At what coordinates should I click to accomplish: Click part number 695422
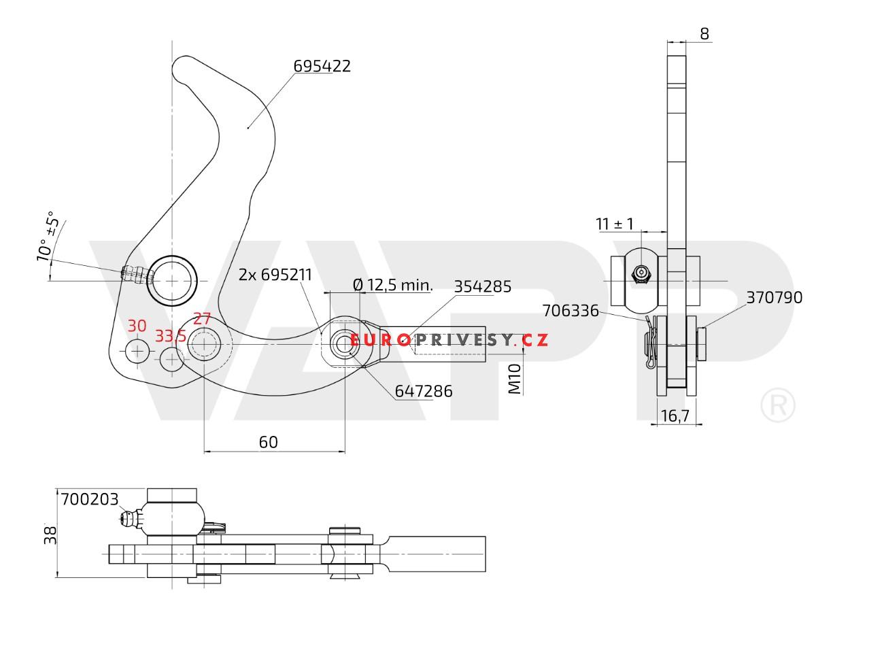tap(322, 66)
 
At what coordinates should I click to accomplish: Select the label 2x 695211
tap(275, 275)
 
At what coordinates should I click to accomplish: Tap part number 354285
tap(482, 286)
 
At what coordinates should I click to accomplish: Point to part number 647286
tap(424, 391)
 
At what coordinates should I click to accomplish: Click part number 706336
tap(571, 311)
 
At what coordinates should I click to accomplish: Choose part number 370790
tap(774, 297)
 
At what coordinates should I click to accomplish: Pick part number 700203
tap(89, 499)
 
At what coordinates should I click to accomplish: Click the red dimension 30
tap(137, 326)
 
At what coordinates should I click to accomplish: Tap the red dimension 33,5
tap(171, 336)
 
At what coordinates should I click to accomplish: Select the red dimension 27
tap(202, 319)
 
